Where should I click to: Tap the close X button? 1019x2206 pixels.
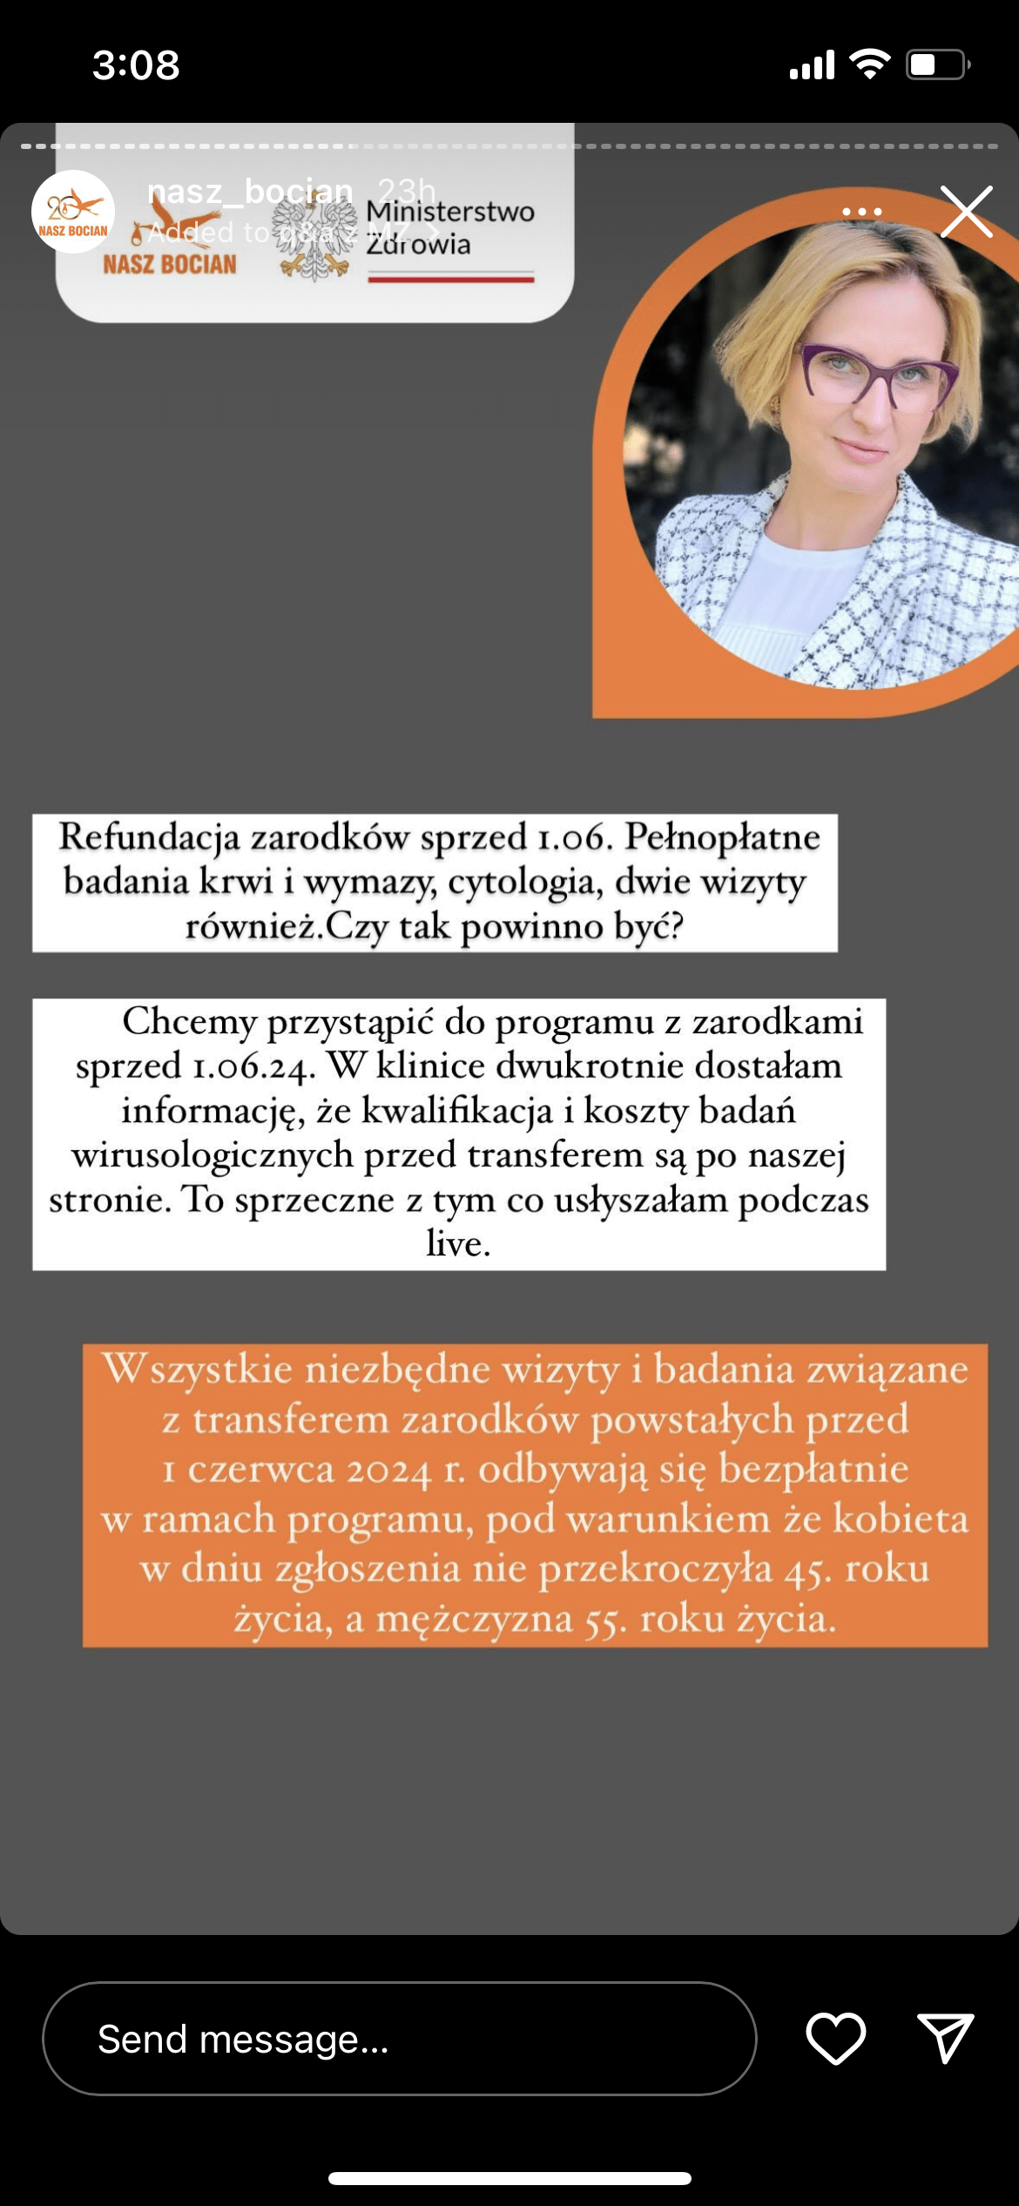tap(966, 212)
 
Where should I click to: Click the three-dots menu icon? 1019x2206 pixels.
tap(861, 212)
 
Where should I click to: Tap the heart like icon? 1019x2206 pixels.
tap(835, 2038)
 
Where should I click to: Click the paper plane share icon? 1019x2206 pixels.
tap(945, 2038)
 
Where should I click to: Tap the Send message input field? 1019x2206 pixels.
tap(399, 2039)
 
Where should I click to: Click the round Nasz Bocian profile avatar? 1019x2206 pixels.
tap(73, 212)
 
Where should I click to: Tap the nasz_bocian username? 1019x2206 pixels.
tap(250, 191)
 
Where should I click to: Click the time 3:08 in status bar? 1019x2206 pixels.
tap(136, 65)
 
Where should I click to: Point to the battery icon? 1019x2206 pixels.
tap(937, 65)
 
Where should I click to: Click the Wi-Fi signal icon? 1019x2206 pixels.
tap(869, 64)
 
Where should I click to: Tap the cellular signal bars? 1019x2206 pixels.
tap(812, 65)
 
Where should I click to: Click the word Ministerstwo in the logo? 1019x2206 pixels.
tap(450, 212)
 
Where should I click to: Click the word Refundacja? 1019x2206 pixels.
tap(149, 838)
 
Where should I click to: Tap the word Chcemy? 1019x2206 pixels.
tap(189, 1022)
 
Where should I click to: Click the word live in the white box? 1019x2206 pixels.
tap(458, 1244)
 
